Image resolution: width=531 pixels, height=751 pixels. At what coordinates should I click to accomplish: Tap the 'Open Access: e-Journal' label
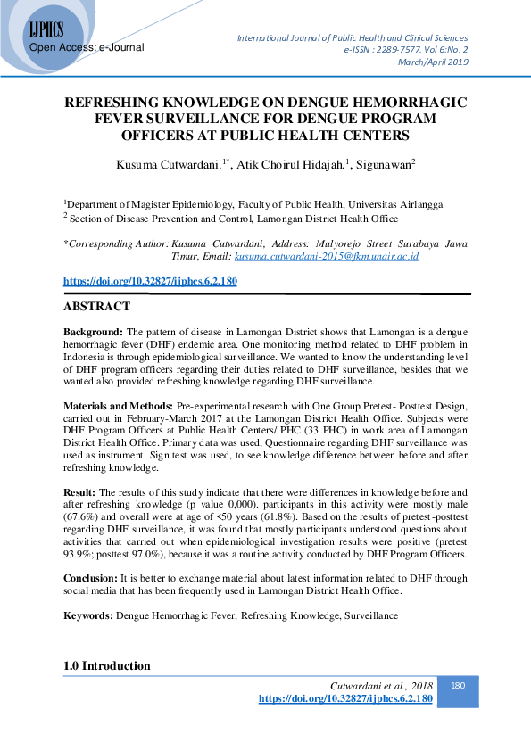87,47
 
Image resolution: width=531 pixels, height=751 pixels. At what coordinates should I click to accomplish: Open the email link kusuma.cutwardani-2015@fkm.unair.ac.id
327,256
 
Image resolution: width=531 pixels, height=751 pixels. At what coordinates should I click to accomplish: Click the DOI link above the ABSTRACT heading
150,281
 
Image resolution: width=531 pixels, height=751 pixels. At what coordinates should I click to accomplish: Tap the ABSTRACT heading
96,307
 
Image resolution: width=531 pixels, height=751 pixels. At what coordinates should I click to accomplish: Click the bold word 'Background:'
93,331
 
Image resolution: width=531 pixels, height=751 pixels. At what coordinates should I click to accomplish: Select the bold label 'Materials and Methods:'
120,405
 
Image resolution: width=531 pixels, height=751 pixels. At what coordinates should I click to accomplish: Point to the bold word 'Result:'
81,491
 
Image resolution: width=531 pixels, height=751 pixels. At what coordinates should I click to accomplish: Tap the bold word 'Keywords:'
87,615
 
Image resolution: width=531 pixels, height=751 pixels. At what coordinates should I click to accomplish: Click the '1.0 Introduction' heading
107,666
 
